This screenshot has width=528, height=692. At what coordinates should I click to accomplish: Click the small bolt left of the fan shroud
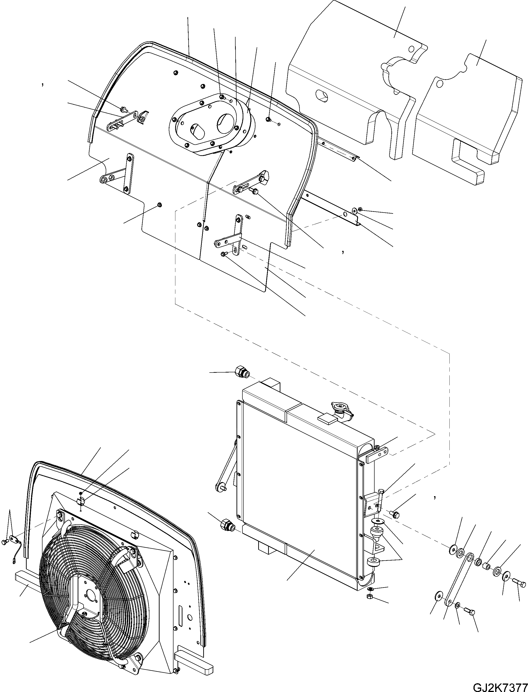coord(5,541)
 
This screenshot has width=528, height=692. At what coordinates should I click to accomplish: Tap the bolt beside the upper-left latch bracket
coord(123,109)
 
